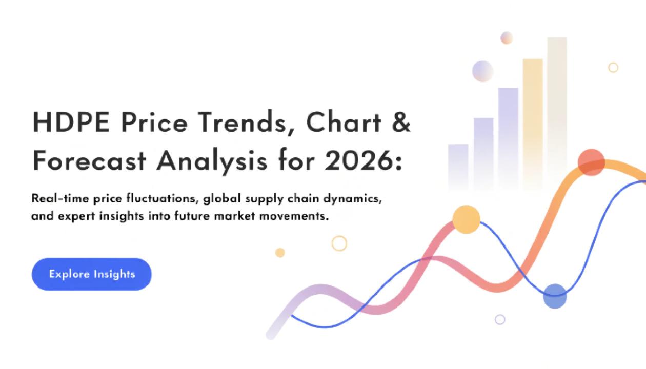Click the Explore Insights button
pyautogui.click(x=91, y=274)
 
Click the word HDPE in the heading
pyautogui.click(x=71, y=122)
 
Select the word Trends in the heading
pyautogui.click(x=246, y=122)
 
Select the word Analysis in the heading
pyautogui.click(x=212, y=161)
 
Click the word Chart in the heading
pyautogui.click(x=344, y=122)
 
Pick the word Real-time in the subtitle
pyautogui.click(x=60, y=198)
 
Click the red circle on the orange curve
pyautogui.click(x=591, y=162)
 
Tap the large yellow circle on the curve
pyautogui.click(x=467, y=219)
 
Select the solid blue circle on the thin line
pyautogui.click(x=555, y=296)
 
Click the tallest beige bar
pyautogui.click(x=557, y=112)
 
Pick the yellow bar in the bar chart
pyautogui.click(x=533, y=124)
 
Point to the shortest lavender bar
pyautogui.click(x=458, y=167)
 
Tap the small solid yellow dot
pyautogui.click(x=280, y=253)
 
